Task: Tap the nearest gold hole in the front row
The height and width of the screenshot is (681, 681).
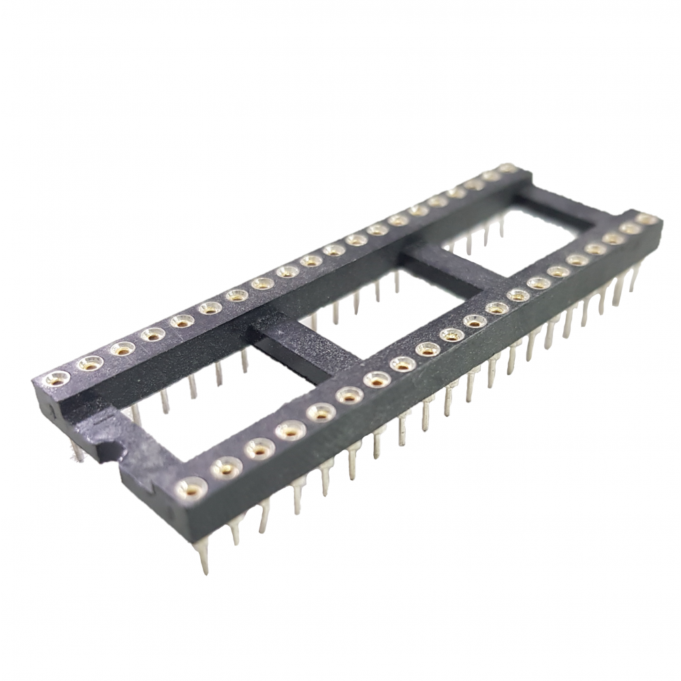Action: (x=191, y=486)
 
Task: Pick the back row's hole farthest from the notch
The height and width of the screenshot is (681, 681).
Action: (x=507, y=168)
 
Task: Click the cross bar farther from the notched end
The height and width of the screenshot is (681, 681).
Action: (x=453, y=265)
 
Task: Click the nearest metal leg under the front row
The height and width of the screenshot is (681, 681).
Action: (x=204, y=558)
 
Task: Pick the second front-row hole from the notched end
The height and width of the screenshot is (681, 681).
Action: (x=227, y=467)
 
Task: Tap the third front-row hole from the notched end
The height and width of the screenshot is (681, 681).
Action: (x=259, y=449)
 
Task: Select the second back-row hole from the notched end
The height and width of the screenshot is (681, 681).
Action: (x=90, y=363)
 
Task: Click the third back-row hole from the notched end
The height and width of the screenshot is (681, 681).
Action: (x=123, y=349)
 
